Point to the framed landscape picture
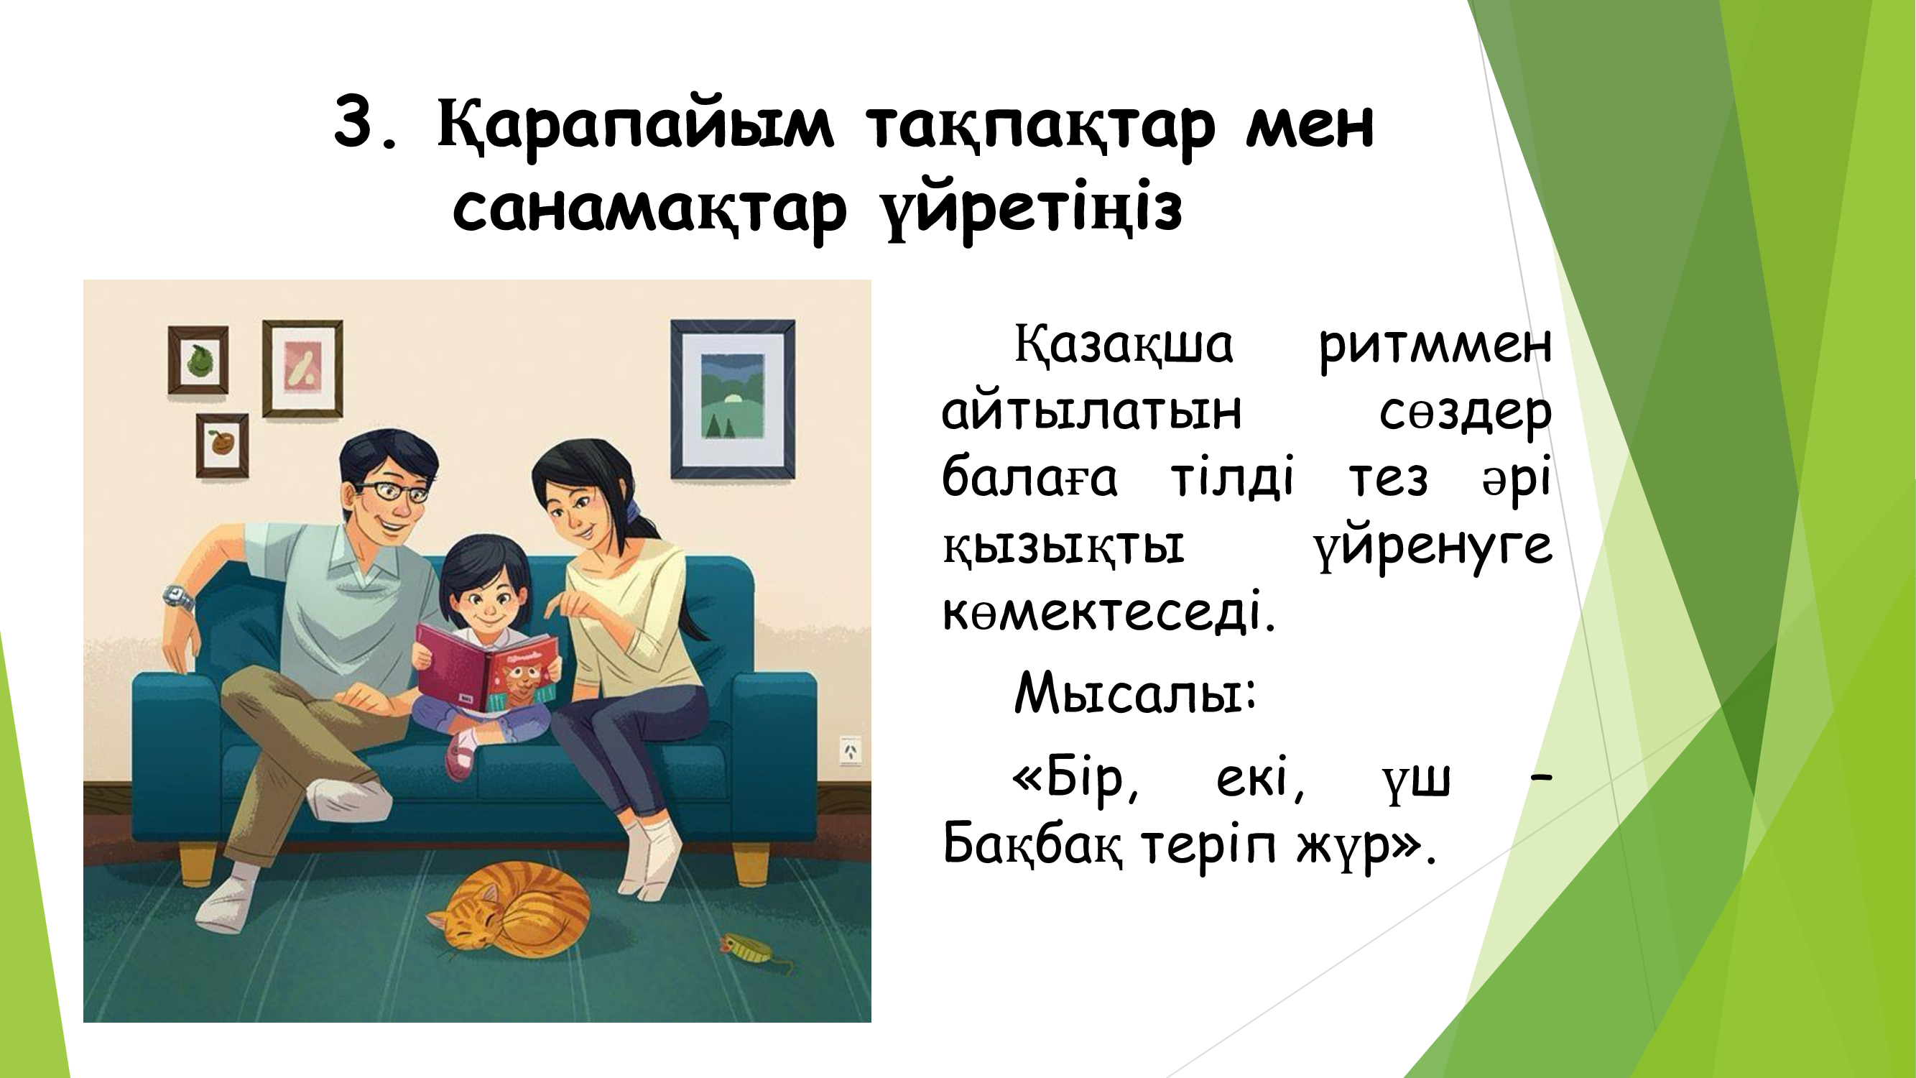[x=733, y=400]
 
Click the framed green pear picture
[x=198, y=360]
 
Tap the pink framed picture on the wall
[x=302, y=369]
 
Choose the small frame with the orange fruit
[x=222, y=445]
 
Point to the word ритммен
[x=1435, y=346]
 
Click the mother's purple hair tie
[x=633, y=510]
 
